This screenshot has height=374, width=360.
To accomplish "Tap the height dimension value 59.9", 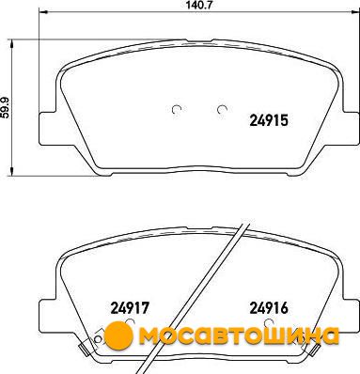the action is click(6, 108).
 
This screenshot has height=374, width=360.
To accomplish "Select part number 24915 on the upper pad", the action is click(269, 120).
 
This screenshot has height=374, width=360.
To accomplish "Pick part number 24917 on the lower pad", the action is click(129, 308).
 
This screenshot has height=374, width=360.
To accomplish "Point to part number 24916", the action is click(269, 308).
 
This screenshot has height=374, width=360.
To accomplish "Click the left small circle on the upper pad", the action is click(177, 109).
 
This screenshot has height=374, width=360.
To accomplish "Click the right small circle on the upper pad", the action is click(222, 109).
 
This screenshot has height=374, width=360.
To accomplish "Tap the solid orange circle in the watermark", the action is click(119, 336).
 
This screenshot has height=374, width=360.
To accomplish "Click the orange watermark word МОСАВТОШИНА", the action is click(239, 335).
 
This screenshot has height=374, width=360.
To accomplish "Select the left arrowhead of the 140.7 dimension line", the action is click(42, 12).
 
